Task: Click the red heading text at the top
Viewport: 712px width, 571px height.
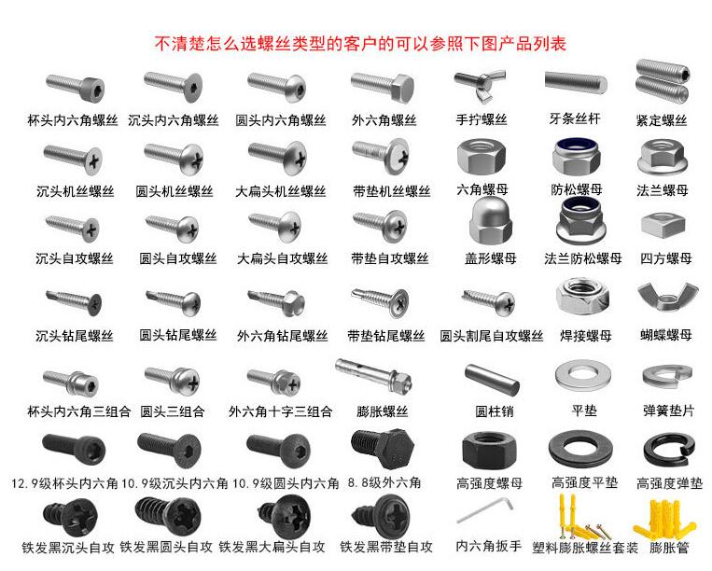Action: [x=359, y=43]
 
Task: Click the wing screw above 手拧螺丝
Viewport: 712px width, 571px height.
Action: [x=481, y=85]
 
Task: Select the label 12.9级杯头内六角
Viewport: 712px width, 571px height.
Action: [x=64, y=483]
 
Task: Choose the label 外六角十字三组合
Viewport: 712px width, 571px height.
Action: [x=280, y=411]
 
